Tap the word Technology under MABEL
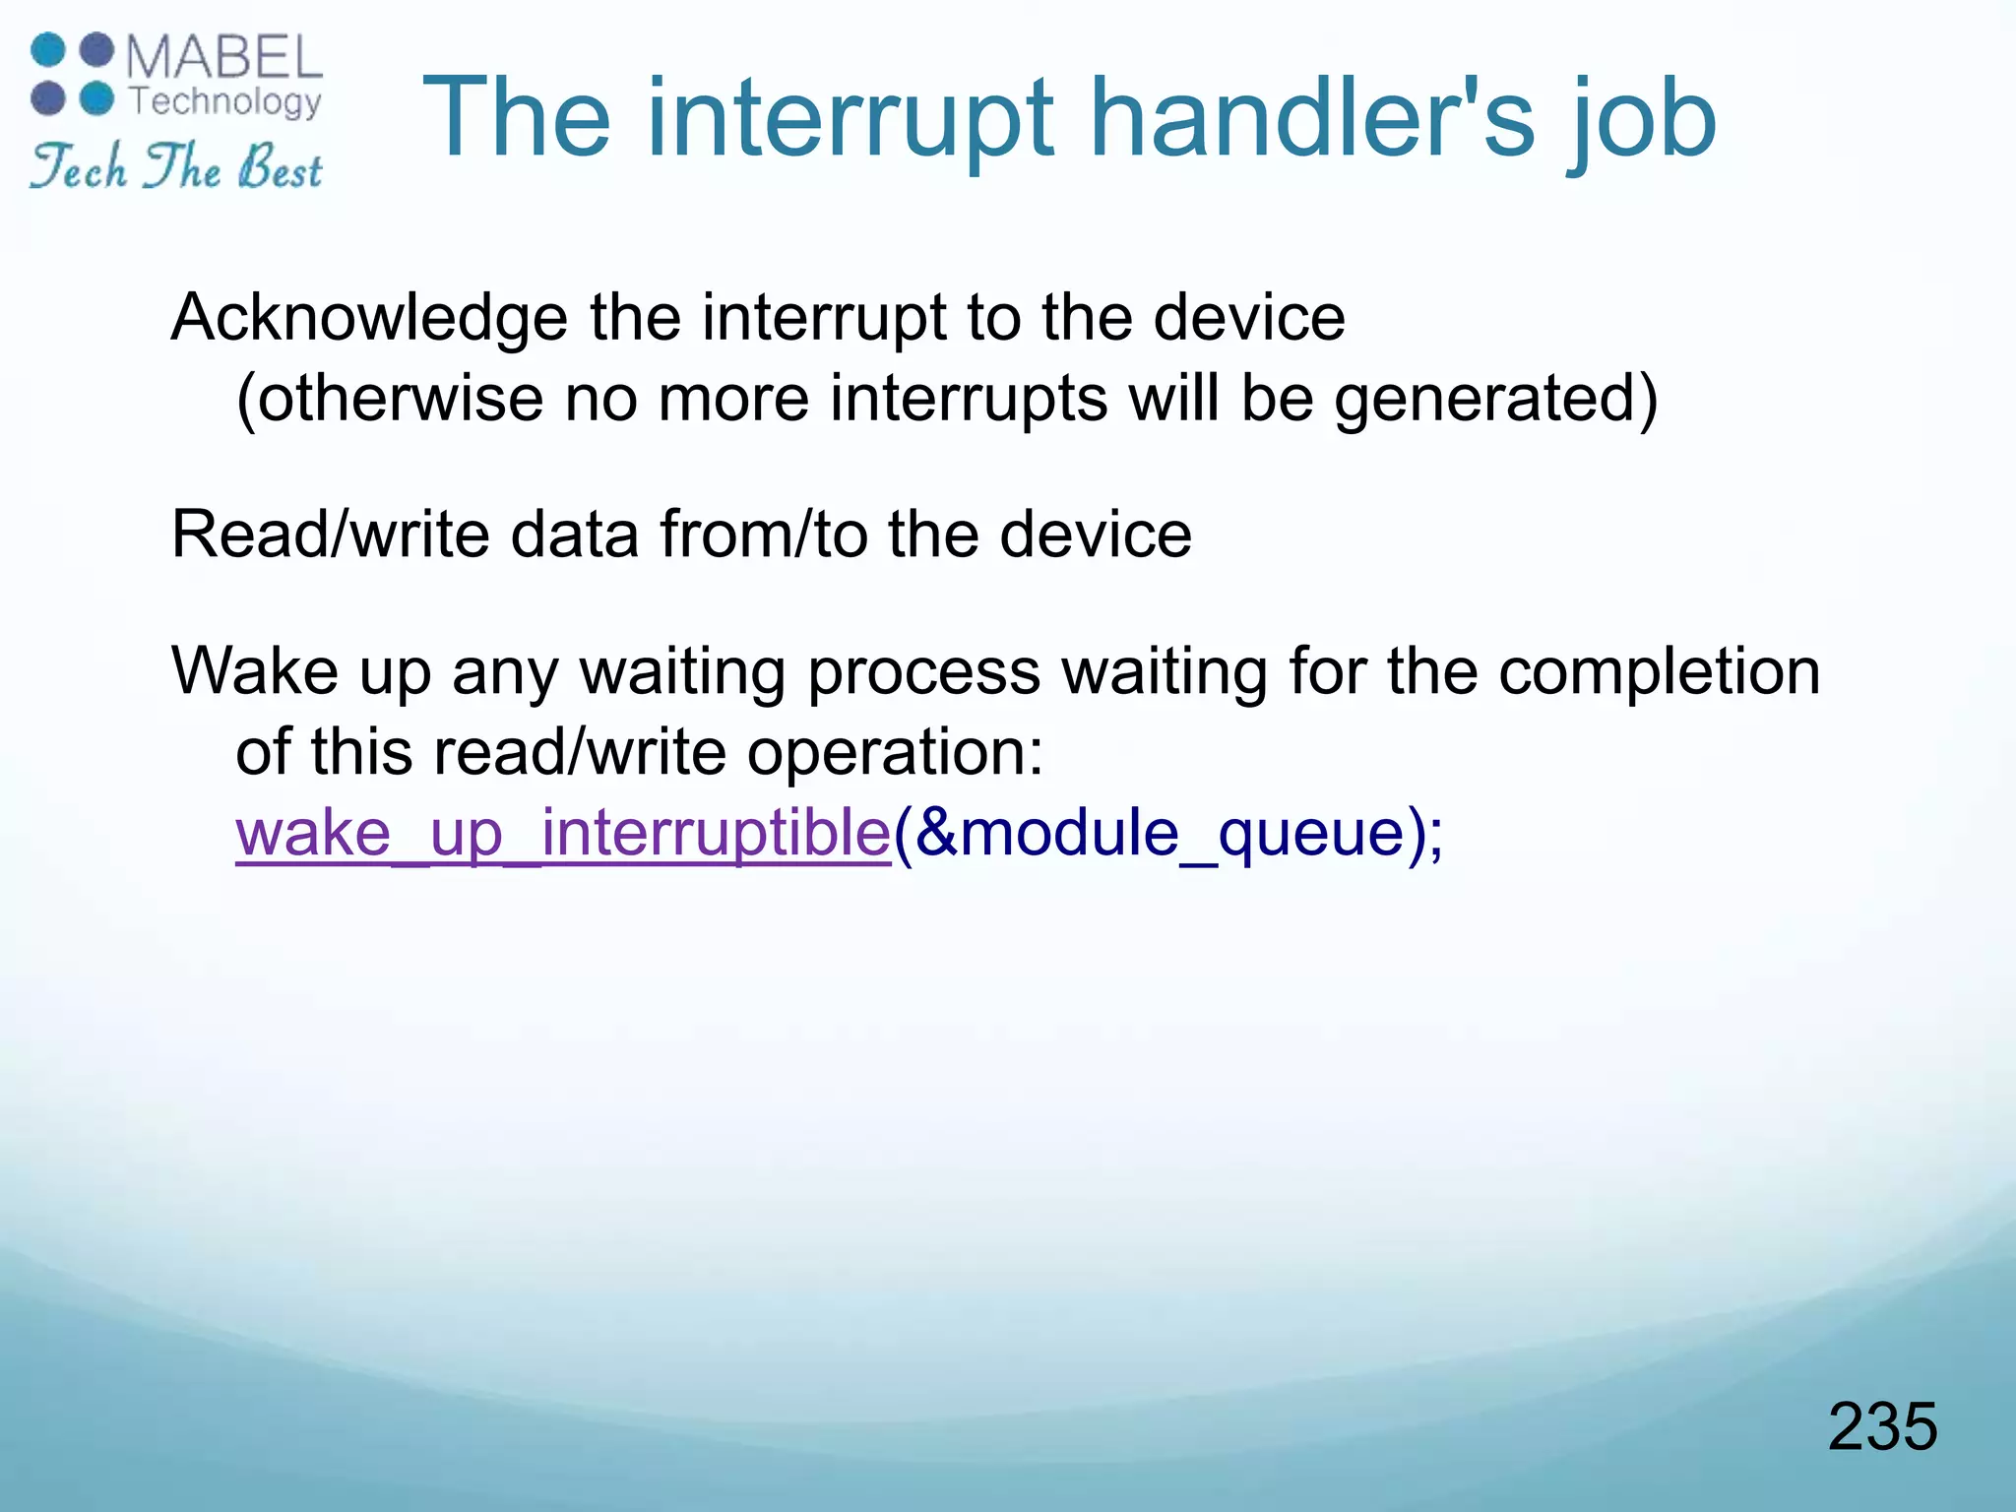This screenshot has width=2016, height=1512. (226, 101)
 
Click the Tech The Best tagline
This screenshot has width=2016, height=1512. (175, 166)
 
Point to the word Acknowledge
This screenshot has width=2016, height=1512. (369, 319)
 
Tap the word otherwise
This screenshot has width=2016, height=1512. (399, 400)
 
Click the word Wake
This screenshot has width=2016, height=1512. (254, 671)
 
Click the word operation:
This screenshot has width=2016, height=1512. (894, 753)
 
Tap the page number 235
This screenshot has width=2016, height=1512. (1882, 1426)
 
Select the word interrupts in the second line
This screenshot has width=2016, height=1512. (969, 400)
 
